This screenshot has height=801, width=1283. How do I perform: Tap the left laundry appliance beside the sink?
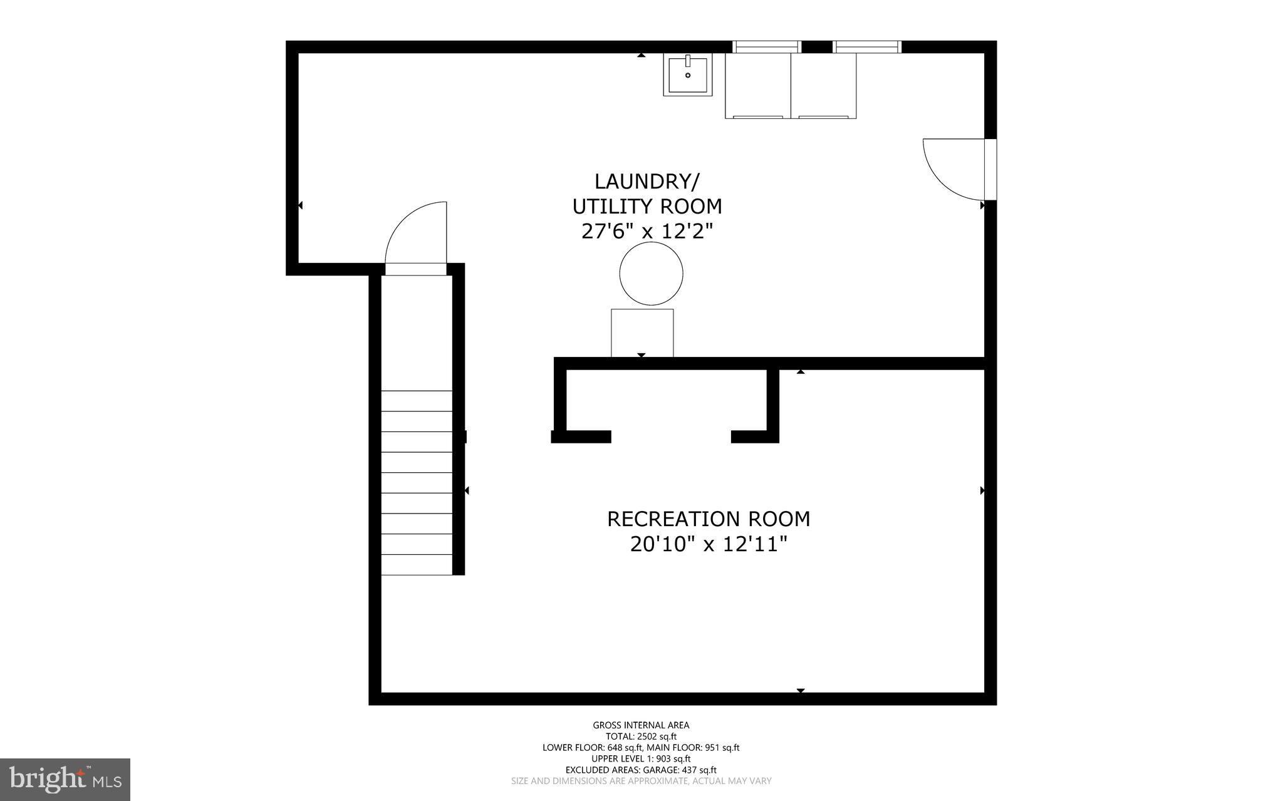tap(758, 86)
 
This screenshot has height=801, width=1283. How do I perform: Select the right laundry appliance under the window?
tap(823, 86)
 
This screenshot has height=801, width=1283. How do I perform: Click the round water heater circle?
tap(651, 274)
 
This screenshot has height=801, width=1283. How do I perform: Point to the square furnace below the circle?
tap(642, 333)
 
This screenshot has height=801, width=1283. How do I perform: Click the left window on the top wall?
tap(767, 46)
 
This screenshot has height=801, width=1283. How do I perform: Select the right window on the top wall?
tap(867, 46)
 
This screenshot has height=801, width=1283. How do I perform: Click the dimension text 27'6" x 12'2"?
tap(648, 232)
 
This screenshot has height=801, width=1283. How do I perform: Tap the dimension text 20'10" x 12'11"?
tap(708, 544)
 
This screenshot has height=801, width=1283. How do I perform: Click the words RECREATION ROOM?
tap(708, 519)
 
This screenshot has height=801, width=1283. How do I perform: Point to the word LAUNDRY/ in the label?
tap(647, 182)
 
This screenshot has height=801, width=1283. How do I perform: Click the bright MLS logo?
tap(65, 779)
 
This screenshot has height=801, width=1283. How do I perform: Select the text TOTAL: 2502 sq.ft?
tap(641, 736)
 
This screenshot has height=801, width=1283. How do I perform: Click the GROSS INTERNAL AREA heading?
tap(641, 725)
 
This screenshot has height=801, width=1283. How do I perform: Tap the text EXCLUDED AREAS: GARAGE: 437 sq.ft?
tap(641, 770)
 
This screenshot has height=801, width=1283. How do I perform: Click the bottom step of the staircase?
tap(417, 565)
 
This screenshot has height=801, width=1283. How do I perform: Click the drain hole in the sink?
tap(688, 75)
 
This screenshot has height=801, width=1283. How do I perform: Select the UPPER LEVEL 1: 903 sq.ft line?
tap(641, 758)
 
